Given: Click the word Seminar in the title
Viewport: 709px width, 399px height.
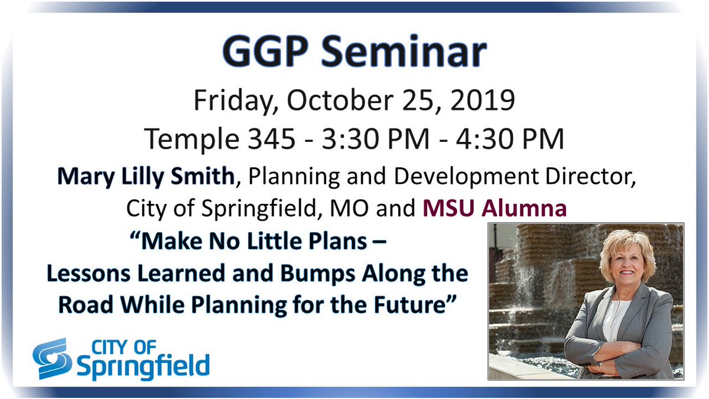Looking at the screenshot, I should [414, 54].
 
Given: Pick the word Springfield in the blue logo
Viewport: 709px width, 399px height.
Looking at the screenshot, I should [142, 366].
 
